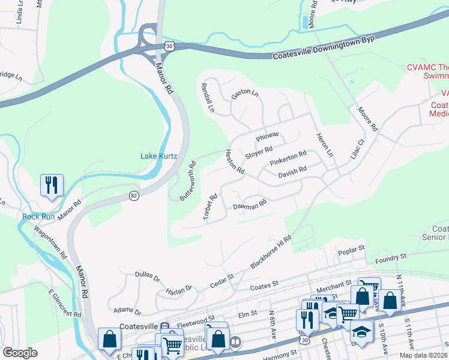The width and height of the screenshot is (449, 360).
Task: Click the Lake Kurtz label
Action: tap(158, 156)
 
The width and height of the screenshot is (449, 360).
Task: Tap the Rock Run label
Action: tap(39, 217)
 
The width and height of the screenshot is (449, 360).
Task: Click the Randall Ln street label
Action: tap(207, 97)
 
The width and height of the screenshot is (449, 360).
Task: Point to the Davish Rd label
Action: tap(292, 173)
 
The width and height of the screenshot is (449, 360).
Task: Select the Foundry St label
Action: tap(390, 256)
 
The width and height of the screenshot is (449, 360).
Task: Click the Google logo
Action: tap(20, 353)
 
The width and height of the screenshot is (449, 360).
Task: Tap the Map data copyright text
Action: tap(423, 355)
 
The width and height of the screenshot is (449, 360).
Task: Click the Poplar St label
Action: tap(351, 248)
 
